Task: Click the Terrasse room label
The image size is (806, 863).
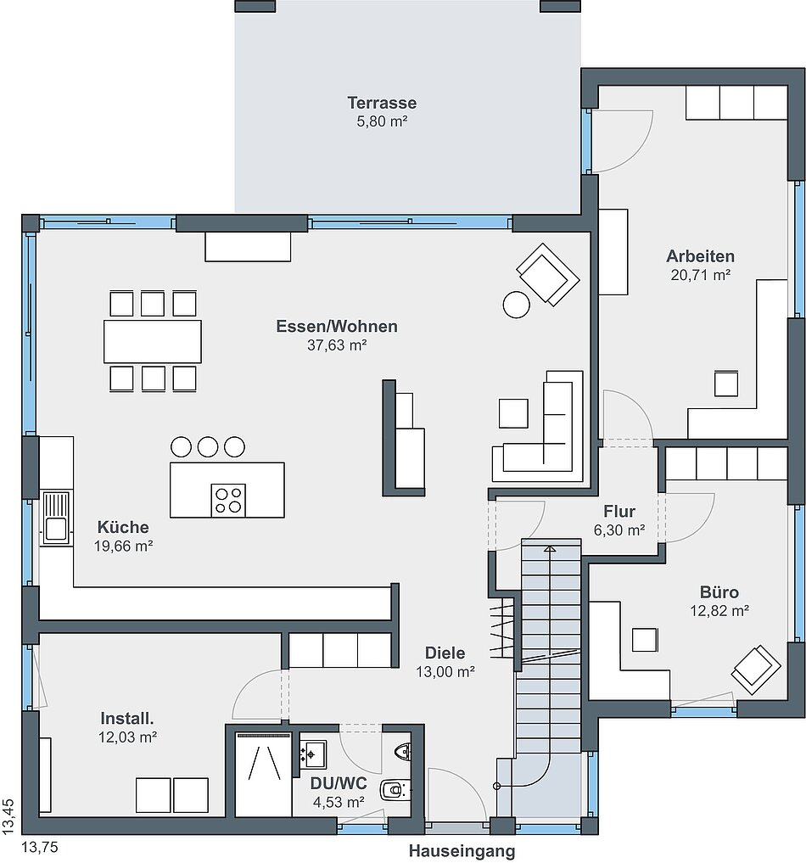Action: click(x=382, y=103)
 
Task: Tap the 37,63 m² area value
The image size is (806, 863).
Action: click(x=337, y=345)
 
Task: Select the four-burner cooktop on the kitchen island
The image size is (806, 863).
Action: click(x=228, y=501)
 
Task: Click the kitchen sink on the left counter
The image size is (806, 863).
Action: click(x=55, y=518)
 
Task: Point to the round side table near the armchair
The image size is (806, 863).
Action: click(x=516, y=304)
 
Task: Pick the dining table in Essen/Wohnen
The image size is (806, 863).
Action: click(x=153, y=341)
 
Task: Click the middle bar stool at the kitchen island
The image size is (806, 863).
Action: click(x=208, y=446)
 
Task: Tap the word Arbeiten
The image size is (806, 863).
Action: click(x=700, y=256)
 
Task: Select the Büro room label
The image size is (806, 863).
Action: click(x=719, y=592)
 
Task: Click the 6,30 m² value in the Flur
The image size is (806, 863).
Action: click(x=619, y=530)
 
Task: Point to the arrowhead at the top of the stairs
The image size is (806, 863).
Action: click(x=550, y=549)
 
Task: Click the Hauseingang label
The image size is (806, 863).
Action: click(x=462, y=851)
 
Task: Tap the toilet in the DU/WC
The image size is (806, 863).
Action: click(x=395, y=790)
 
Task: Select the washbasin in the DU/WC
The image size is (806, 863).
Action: click(x=313, y=754)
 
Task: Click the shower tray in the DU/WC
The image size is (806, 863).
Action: click(x=264, y=774)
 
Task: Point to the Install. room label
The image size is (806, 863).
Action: click(x=127, y=718)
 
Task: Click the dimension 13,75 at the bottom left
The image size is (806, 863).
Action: click(x=39, y=847)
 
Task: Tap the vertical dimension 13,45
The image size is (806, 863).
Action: click(x=8, y=817)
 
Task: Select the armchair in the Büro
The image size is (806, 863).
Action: click(x=756, y=670)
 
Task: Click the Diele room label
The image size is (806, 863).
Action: click(x=445, y=653)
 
